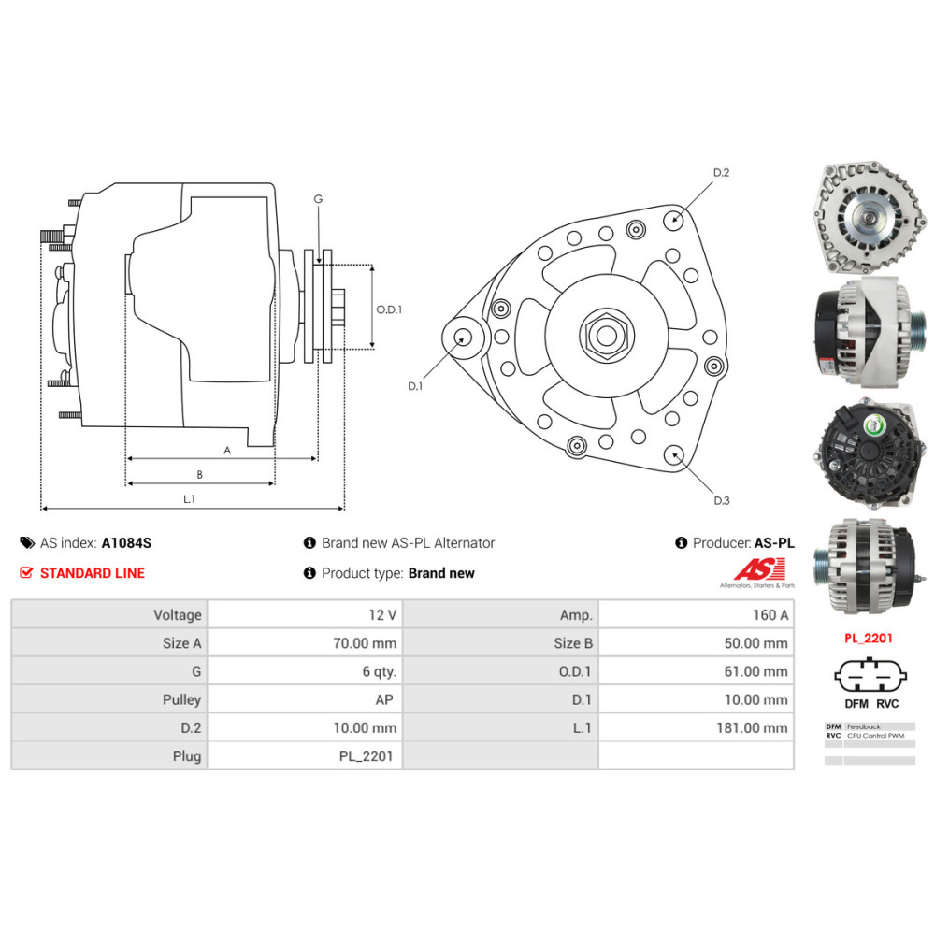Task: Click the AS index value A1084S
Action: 126,542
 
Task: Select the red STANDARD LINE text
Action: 92,573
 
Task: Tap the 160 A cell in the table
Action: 770,614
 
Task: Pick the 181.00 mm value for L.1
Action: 757,727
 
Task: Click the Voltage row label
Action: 178,614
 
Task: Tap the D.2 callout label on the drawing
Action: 721,173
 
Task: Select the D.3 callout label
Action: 721,501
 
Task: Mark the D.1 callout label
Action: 415,385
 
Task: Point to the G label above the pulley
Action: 318,199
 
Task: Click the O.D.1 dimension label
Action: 389,309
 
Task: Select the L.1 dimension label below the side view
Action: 189,499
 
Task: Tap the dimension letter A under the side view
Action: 226,450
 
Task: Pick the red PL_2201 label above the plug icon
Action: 868,639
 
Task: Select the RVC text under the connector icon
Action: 887,704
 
